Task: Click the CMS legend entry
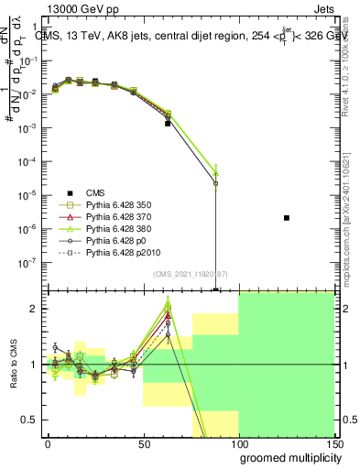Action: (x=96, y=191)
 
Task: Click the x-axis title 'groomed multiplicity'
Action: (x=286, y=456)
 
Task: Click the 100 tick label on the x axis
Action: (x=239, y=442)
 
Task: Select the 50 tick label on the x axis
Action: (x=143, y=442)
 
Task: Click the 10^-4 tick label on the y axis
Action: (x=30, y=161)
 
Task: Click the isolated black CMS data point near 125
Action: (x=287, y=218)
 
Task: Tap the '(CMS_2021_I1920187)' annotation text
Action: (x=190, y=274)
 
